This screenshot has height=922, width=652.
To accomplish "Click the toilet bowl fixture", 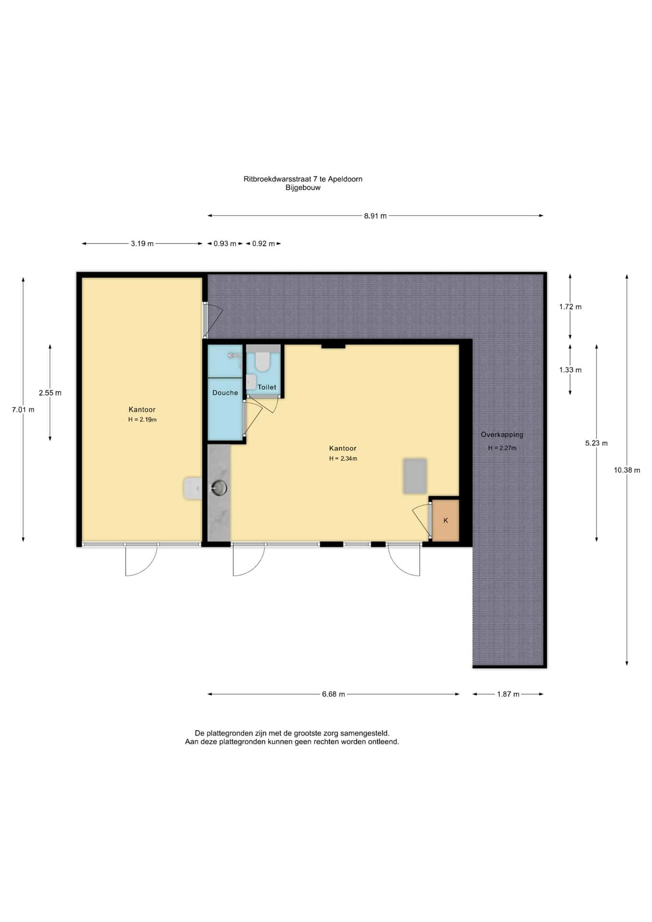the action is coord(262,362).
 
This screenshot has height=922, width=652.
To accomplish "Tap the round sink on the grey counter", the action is coord(219,488).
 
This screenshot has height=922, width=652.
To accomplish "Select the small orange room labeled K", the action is coord(446,521).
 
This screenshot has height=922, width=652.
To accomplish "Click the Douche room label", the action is coord(225,393).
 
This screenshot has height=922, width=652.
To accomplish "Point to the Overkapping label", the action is coord(502,435).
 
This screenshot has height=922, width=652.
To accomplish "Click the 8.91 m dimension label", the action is coord(375,216).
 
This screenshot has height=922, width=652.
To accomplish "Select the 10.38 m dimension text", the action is coord(627,470).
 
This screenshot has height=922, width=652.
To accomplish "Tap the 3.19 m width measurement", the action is coord(142,243).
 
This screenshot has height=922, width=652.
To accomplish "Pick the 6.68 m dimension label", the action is coord(333,694).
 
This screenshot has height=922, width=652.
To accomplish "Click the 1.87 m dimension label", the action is coord(508,694).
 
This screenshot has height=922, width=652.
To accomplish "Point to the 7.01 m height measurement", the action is coord(23,410).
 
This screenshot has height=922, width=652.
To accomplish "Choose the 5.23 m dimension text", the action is coord(596,443).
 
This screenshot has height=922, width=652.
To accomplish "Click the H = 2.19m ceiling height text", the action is coord(142,420).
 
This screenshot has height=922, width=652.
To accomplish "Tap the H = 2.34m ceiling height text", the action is coord(343,459).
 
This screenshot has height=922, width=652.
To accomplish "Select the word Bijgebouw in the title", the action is coord(303,188).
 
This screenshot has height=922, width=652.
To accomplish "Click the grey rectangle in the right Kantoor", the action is coord(415,476).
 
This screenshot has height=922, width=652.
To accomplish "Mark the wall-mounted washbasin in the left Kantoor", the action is coord(193,488).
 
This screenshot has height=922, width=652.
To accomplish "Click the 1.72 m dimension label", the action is coord(570,307).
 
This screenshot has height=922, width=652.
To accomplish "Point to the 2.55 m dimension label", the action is coord(50,393).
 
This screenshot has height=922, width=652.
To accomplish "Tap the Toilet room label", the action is coord(267,387).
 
